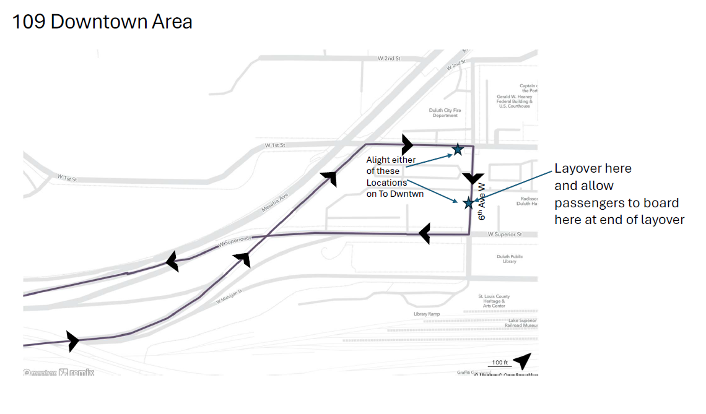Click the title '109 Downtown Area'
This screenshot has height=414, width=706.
(x=102, y=22)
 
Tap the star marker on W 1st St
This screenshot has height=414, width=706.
(x=458, y=149)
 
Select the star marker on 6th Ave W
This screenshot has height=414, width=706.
(x=468, y=202)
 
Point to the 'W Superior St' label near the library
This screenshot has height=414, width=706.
(x=505, y=235)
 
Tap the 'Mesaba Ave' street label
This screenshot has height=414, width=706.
(x=275, y=202)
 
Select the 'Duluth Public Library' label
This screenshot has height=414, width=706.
(x=510, y=259)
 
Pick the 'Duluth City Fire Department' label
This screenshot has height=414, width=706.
(x=445, y=113)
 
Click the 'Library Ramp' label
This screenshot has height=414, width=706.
(x=426, y=314)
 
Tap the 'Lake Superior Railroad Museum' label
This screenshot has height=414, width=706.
(x=520, y=322)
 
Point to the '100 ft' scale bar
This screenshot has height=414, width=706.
(x=499, y=363)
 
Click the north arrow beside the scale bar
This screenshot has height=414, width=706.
(x=523, y=361)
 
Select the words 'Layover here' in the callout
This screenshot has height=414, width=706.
(x=593, y=168)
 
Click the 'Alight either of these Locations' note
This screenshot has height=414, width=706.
(x=391, y=171)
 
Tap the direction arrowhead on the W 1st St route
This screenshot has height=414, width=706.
(x=407, y=145)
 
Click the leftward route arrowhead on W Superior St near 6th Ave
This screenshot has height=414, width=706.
(x=424, y=234)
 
